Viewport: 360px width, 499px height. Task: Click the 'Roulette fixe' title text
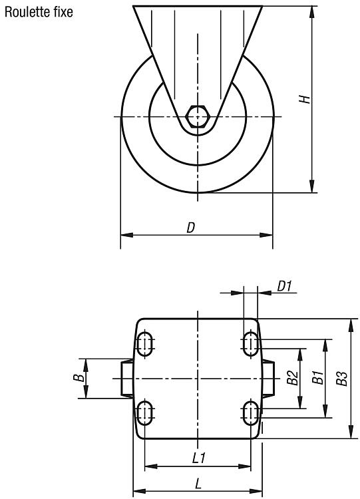(x=39, y=12)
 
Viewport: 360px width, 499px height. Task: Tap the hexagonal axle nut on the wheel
(x=198, y=116)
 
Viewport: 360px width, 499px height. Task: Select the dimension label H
(x=305, y=99)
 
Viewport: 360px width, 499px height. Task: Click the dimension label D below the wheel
(x=191, y=228)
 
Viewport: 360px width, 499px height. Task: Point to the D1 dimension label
(x=284, y=286)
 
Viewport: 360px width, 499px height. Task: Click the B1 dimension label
(x=317, y=377)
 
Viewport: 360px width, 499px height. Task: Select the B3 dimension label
(x=343, y=379)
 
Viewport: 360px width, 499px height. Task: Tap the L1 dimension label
(x=199, y=458)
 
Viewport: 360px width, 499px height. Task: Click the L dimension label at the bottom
(x=198, y=484)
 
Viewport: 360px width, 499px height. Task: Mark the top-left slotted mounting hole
(x=145, y=344)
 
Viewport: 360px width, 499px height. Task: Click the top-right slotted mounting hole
(x=250, y=344)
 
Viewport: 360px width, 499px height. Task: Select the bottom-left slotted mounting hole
(x=145, y=413)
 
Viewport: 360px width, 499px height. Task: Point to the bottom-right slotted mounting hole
(x=250, y=413)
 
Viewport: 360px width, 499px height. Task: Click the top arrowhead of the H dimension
(x=312, y=12)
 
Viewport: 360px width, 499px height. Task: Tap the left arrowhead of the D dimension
(x=126, y=235)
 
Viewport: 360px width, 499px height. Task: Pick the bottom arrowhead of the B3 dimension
(x=351, y=432)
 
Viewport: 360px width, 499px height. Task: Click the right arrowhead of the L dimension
(x=256, y=491)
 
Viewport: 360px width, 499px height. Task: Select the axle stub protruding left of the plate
(x=127, y=379)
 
